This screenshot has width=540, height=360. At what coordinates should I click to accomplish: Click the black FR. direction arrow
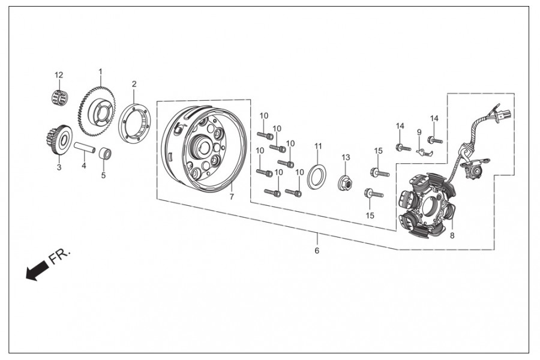[x=37, y=271]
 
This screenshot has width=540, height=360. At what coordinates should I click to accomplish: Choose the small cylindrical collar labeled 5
[x=106, y=153]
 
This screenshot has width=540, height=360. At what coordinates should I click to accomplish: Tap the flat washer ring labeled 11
[x=317, y=177]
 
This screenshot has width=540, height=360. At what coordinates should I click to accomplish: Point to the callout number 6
[x=317, y=250]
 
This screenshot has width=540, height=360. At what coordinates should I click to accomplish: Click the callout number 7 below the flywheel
[x=232, y=197]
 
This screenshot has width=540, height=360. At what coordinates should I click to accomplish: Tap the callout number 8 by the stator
[x=452, y=236]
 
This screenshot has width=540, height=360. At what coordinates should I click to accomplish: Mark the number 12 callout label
[x=59, y=75]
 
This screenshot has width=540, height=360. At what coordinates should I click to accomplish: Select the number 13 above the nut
[x=346, y=157]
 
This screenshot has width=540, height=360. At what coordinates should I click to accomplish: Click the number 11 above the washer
[x=318, y=146]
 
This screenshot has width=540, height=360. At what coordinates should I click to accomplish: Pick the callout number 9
[x=419, y=132]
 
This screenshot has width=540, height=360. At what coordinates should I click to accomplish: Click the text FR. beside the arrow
[x=59, y=256]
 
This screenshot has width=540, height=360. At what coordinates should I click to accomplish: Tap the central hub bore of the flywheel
[x=200, y=146]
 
